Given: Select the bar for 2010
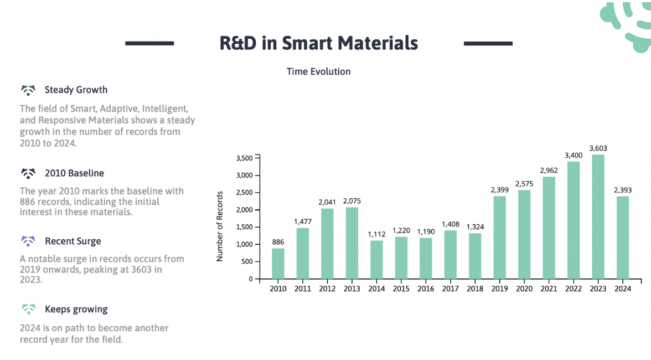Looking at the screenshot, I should point(278,263).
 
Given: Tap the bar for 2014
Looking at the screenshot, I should point(376,259).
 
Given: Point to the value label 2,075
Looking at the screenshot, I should point(352,201).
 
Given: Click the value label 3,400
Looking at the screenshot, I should point(573,156).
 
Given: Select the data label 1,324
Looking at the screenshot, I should point(475,227).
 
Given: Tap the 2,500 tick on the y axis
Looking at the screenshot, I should point(244,193).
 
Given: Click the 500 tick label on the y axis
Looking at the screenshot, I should point(246,261).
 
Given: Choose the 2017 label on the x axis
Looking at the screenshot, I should point(450,289).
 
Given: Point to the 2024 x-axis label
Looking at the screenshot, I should point(623,289).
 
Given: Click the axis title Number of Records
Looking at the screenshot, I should point(220,226).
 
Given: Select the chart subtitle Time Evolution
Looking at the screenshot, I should point(318,71).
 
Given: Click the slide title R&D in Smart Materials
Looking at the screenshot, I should point(318,43).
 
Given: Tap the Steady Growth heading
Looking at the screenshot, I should point(76,90).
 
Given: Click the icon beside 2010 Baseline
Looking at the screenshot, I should point(28,173).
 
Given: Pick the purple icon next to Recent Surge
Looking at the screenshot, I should point(28,241).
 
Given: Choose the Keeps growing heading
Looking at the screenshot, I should point(76,309).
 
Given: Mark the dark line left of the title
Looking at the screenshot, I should point(149,43).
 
